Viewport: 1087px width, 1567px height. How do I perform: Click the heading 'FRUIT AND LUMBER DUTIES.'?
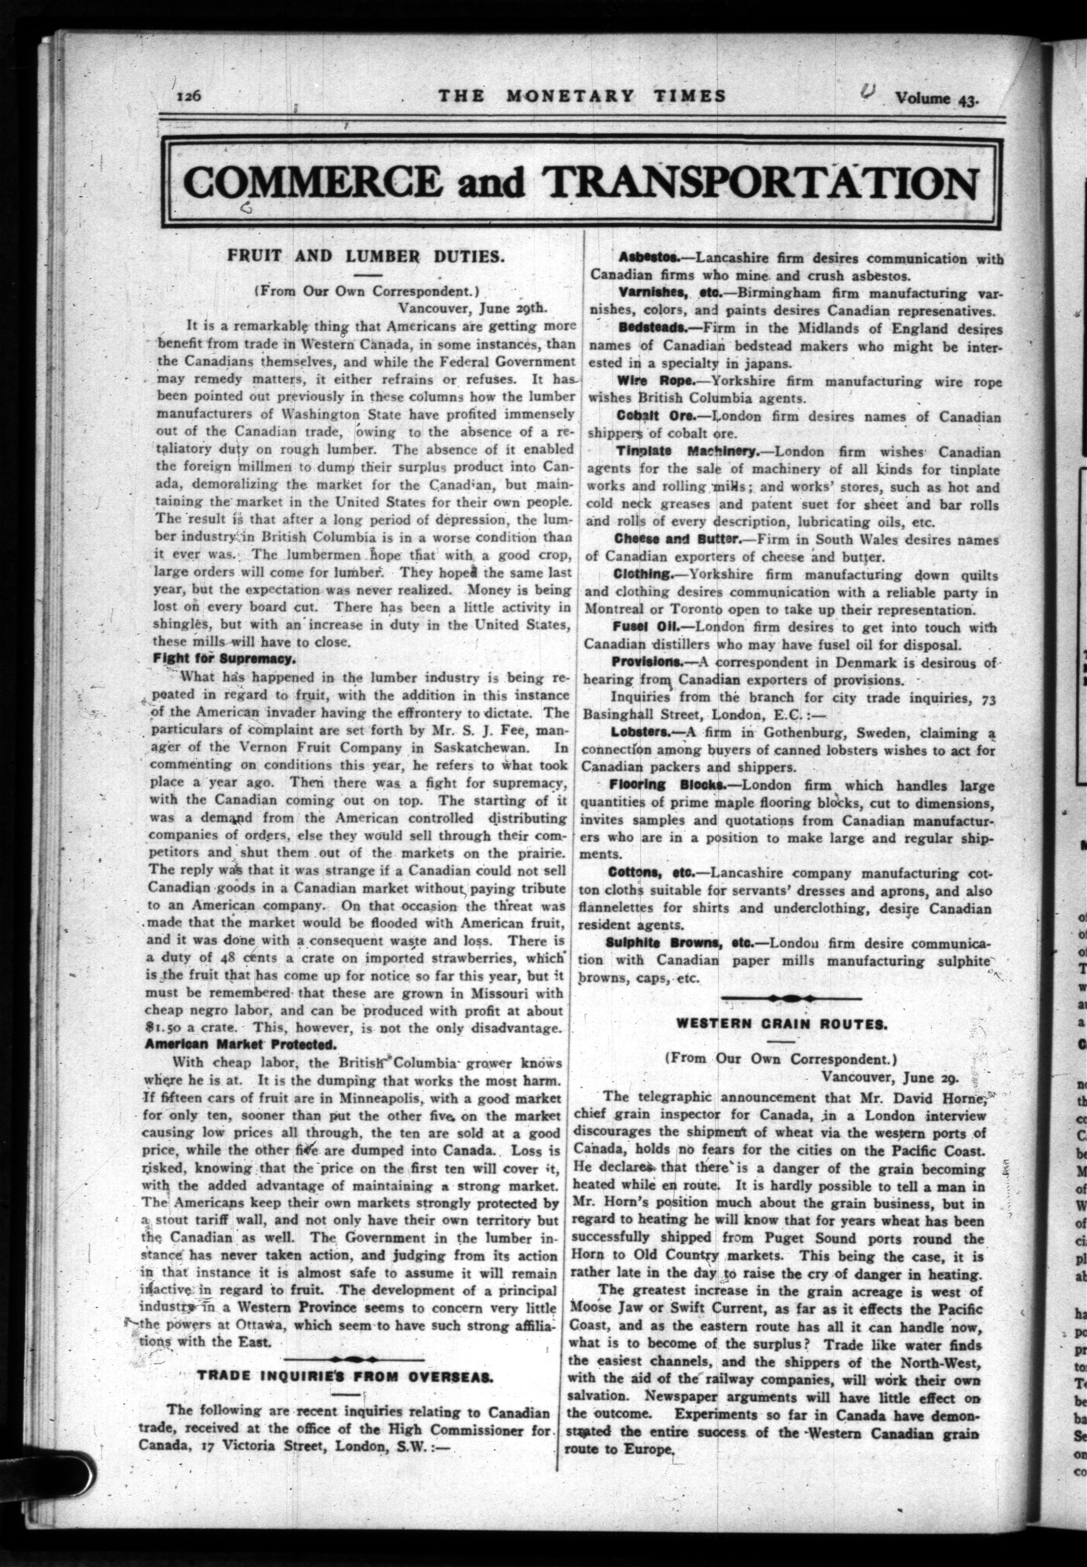coord(365,257)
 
